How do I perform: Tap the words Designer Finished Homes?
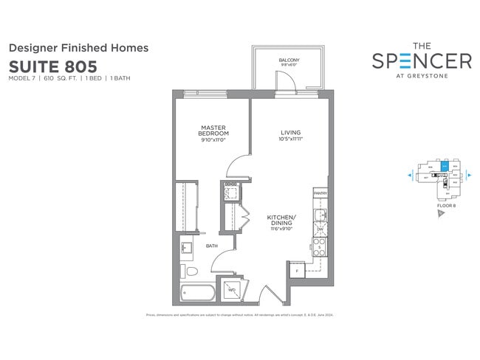(78, 47)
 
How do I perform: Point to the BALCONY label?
(288, 60)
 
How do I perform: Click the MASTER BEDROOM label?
(213, 131)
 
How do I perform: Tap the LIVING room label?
(290, 133)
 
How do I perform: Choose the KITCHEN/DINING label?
(281, 220)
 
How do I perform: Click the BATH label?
(211, 246)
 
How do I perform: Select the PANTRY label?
(320, 193)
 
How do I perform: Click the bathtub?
(199, 292)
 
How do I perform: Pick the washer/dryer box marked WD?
(233, 290)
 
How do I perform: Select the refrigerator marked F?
(296, 271)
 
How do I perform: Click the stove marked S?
(320, 248)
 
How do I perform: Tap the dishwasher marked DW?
(320, 230)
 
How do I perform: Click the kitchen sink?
(319, 215)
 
